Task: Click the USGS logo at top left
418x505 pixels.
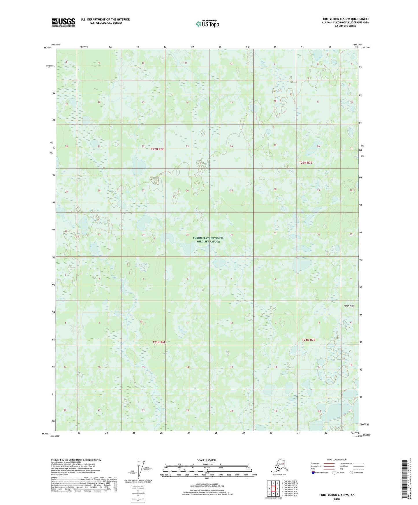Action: (63, 22)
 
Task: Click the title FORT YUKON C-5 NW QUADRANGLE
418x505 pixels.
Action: (345, 19)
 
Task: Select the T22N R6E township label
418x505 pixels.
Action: (157, 149)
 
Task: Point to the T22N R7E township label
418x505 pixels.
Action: (306, 163)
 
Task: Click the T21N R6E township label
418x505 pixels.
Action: (159, 342)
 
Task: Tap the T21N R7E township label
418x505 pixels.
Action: (308, 340)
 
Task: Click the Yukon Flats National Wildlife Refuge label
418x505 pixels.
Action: (208, 240)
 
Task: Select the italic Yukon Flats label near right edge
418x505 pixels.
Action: (349, 306)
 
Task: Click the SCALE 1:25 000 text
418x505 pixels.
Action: (207, 460)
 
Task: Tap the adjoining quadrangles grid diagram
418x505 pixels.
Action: (273, 489)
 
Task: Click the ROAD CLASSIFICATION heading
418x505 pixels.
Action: (337, 460)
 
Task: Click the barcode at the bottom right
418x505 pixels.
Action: (406, 479)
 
